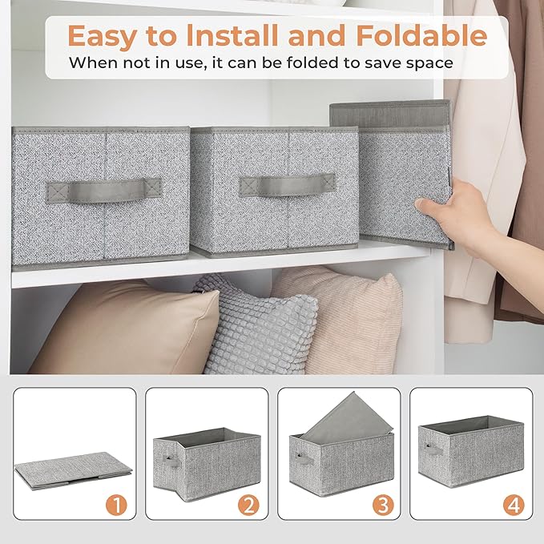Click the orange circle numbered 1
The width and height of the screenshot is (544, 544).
coord(117,506)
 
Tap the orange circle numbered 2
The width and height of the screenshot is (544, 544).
coord(249,506)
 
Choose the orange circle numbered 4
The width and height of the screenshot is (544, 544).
coord(513,506)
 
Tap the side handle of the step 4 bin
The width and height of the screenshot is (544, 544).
coord(433,449)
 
